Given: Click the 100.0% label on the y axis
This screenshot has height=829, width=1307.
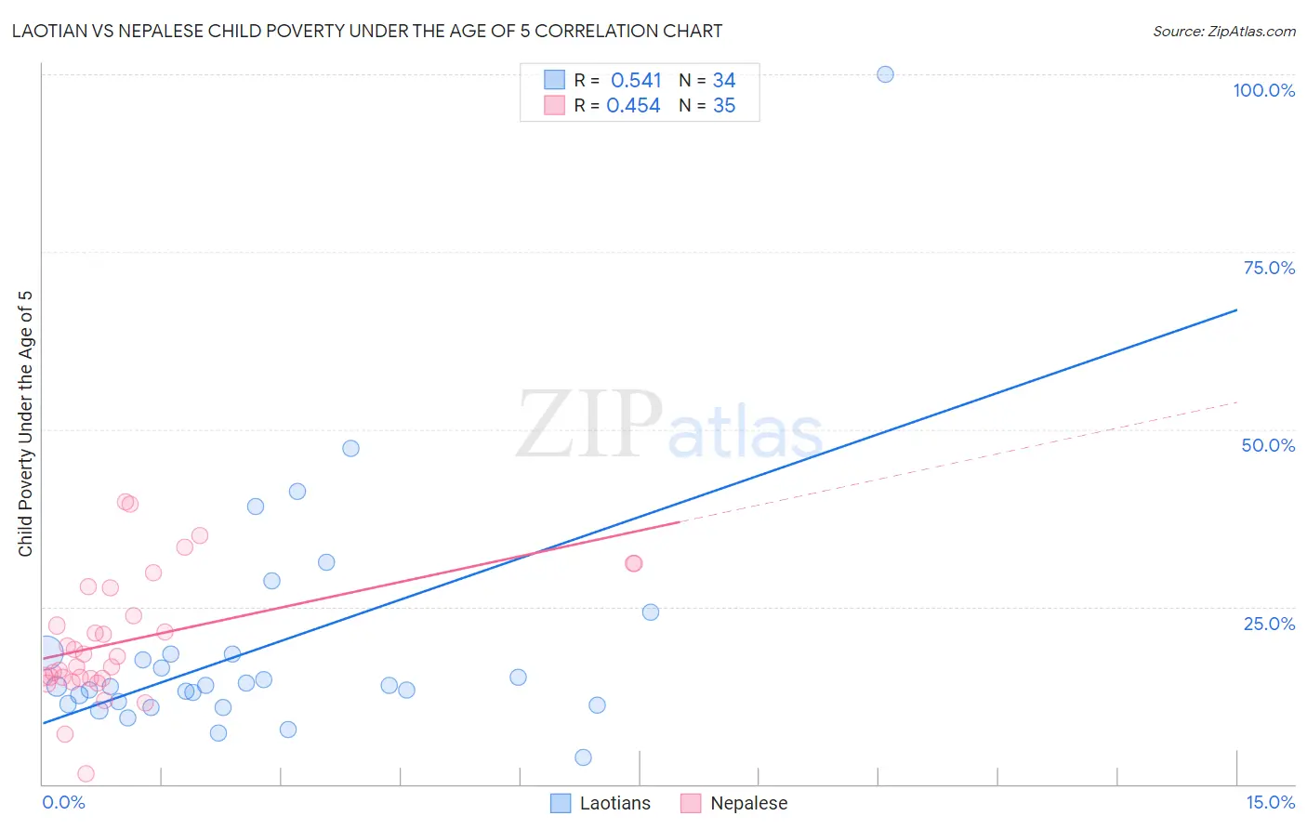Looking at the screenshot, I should coord(1263,90).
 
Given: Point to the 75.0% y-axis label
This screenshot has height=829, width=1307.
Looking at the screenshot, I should coord(1269,268).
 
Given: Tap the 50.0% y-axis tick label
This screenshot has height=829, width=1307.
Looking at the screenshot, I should coord(1268,445).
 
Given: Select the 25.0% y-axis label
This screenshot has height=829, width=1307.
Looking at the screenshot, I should coord(1269,624).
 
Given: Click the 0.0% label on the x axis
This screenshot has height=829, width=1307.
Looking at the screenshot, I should coord(63,802).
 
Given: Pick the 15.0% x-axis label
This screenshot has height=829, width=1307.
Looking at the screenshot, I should coord(1270,802).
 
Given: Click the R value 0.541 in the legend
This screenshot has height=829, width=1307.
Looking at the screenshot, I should coord(636,81).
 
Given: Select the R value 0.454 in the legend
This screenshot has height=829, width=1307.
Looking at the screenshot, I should coord(633,106).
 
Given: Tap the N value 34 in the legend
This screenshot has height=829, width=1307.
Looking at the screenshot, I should coord(724,81).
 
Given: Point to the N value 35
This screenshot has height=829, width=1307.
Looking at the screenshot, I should coord(724,106).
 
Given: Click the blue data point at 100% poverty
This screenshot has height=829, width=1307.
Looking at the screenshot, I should coord(885,74).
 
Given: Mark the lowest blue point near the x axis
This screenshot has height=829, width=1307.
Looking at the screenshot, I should coord(583,757).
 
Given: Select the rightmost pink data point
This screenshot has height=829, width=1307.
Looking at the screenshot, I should coord(634,563).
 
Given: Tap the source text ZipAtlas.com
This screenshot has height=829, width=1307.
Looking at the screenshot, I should coord(1251,32).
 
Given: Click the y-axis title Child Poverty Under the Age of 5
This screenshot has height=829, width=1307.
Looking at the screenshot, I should coord(25,424).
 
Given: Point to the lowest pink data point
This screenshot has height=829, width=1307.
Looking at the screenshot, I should coord(86,773).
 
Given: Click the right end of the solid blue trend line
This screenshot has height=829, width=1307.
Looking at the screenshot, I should coord(1236,309).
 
